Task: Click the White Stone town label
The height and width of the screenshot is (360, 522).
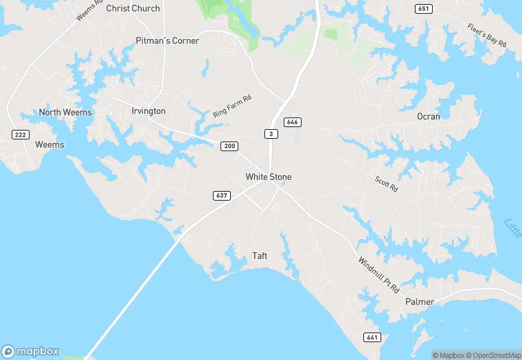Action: [x=269, y=177]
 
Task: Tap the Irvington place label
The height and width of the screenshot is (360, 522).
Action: [x=148, y=111]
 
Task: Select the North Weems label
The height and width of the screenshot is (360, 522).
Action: [x=65, y=112]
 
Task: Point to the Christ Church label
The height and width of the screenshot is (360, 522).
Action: [x=133, y=8]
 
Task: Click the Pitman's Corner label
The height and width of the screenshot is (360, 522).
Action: [x=168, y=41]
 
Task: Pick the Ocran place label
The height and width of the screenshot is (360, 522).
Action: [x=429, y=116]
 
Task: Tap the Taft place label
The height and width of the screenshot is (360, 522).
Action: [x=260, y=256]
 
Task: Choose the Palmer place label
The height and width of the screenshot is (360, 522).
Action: [x=420, y=302]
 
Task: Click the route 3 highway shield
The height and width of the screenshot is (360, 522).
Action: [x=272, y=133]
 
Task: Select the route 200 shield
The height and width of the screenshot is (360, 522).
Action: [x=229, y=146]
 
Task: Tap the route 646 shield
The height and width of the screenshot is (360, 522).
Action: [x=293, y=122]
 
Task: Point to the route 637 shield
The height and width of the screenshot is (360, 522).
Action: [x=221, y=196]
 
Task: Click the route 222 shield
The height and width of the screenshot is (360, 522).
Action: [x=21, y=134]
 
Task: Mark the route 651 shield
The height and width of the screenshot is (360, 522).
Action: [x=424, y=8]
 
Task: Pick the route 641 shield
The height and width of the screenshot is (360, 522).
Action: [x=372, y=337]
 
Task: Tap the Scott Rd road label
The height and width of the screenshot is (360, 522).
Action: [x=386, y=184]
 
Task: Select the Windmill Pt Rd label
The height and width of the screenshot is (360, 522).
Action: [x=378, y=275]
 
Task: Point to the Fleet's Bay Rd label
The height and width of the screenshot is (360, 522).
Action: [x=487, y=35]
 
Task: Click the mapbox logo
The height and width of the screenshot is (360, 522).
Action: [x=30, y=351]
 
